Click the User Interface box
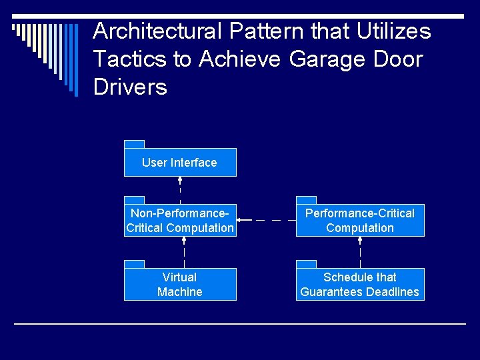click(180, 163)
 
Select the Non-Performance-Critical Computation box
click(180, 221)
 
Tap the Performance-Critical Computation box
click(360, 221)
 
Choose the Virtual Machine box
click(180, 285)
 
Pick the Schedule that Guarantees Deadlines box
click(360, 285)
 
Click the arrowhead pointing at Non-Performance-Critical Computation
click(241, 220)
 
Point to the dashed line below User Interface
click(180, 190)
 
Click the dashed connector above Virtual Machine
click(184, 252)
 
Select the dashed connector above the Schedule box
click(360, 252)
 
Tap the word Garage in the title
click(323, 59)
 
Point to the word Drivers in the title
click(130, 87)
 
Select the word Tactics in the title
click(130, 59)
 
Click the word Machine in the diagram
click(180, 292)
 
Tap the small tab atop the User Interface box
click(134, 144)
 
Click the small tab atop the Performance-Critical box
click(306, 200)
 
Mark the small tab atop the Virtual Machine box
click(134, 264)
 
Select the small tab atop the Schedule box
click(306, 264)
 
